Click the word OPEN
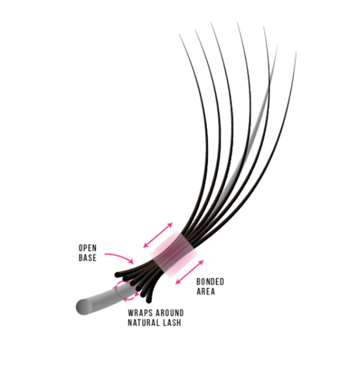87,248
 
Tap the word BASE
87,258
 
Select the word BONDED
210,282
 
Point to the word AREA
206,291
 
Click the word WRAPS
140,313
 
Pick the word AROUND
170,313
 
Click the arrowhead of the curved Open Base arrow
131,261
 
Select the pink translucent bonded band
174,254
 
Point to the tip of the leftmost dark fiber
179,35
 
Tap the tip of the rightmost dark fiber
296,51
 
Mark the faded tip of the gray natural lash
278,45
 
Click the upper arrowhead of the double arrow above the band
170,225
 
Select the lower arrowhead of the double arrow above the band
145,246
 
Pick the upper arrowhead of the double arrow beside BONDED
201,262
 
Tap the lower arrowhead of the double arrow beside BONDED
178,282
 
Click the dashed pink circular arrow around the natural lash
116,291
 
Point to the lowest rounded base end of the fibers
149,300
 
